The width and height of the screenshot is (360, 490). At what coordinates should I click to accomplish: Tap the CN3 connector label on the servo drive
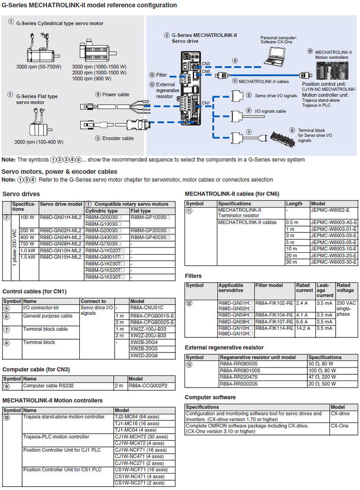tap(206, 63)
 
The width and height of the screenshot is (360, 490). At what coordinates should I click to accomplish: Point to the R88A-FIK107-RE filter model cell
tap(274, 321)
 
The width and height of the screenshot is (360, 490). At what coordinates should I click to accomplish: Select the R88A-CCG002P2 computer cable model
tap(148, 386)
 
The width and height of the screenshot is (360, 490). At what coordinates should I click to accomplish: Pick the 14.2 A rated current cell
tap(303, 328)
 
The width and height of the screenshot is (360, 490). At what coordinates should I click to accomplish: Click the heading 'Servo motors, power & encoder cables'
tap(60, 171)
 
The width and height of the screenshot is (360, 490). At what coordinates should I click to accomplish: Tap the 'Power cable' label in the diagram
tap(115, 94)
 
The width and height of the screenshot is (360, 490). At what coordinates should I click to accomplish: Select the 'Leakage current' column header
tap(325, 291)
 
